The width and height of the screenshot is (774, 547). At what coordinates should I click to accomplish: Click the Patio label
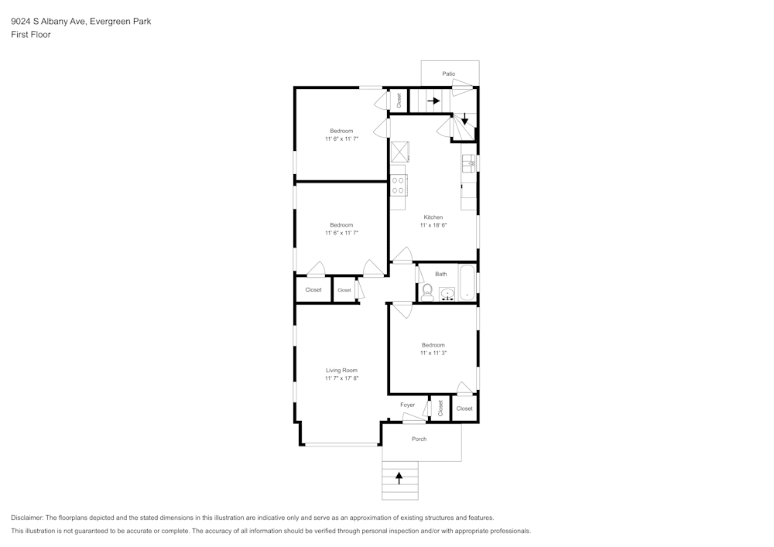449,74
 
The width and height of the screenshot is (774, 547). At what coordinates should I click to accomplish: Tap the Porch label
419,439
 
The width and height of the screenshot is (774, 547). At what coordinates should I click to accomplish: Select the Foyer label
407,405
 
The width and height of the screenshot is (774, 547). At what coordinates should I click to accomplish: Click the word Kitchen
433,217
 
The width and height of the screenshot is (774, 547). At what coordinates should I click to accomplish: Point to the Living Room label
341,371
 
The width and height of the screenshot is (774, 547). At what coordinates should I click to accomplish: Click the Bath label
440,274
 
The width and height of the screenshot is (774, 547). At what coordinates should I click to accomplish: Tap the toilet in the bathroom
426,292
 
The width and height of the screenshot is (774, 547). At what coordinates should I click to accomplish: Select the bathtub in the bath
467,282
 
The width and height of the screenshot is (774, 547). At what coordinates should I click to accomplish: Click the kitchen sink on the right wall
468,163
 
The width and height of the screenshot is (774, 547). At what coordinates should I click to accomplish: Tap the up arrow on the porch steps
399,478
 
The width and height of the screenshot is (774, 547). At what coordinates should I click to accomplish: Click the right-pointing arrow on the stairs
433,101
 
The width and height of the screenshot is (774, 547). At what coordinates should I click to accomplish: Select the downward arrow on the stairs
464,120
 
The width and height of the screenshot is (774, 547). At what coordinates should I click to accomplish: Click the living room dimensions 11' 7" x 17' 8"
341,379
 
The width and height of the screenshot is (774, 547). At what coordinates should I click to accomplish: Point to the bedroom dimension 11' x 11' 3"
433,353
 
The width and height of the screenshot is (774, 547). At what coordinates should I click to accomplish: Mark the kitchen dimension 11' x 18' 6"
433,225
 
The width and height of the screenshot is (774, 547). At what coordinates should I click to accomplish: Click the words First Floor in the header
30,35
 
